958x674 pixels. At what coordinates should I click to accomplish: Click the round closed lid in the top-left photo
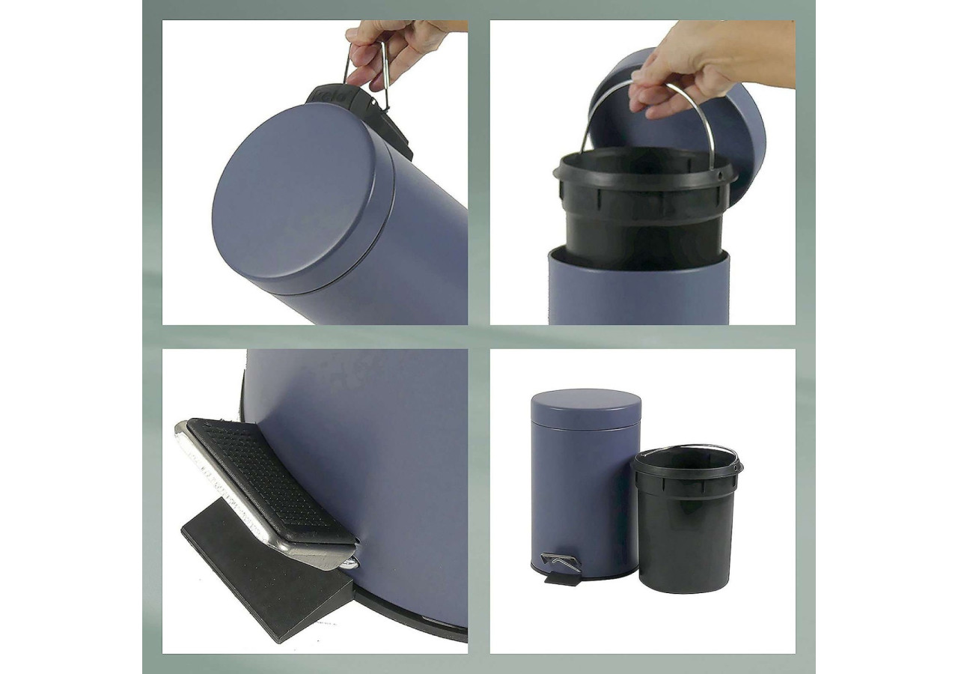[x=299, y=198]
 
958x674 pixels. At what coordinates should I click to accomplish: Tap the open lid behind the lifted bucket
[x=741, y=135]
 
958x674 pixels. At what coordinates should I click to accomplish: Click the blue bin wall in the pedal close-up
[x=389, y=449]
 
